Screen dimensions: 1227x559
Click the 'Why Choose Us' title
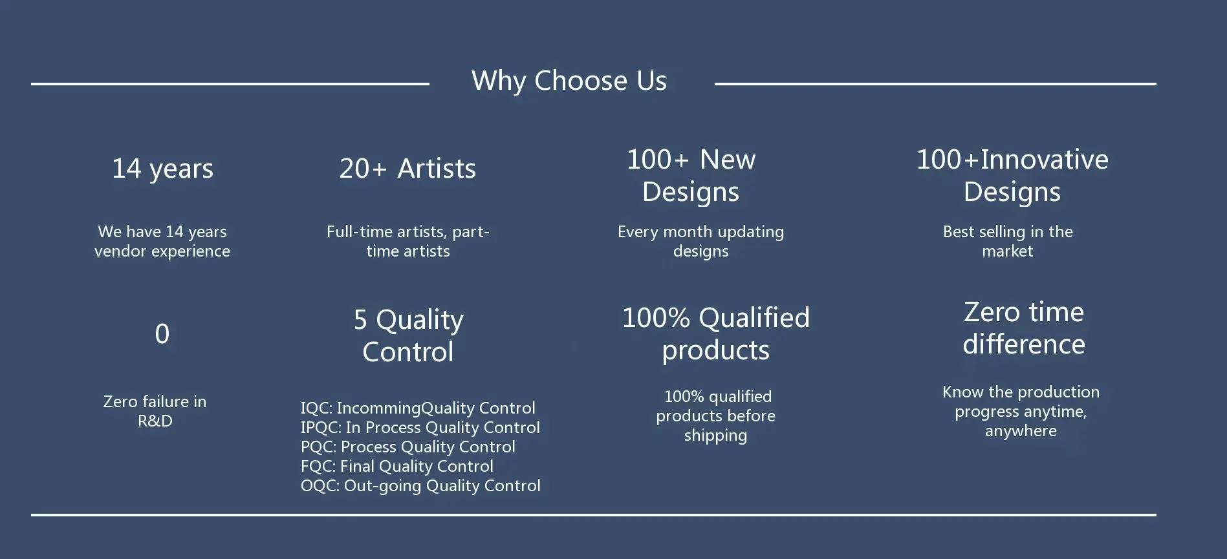[569, 81]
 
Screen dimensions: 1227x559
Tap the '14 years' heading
[162, 169]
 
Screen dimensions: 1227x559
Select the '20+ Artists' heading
[407, 169]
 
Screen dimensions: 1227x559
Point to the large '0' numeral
[162, 333]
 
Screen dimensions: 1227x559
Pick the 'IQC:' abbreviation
[316, 408]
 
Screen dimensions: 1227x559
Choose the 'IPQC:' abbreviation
[321, 428]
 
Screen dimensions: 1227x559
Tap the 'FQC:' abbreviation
[317, 467]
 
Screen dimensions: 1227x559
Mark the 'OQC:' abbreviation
[320, 486]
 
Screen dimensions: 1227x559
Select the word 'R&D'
[155, 421]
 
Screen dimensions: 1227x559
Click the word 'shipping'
[715, 436]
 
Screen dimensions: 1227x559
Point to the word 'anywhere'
[1021, 432]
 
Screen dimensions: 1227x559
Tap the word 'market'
[1007, 251]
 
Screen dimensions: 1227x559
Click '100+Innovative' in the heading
[1012, 160]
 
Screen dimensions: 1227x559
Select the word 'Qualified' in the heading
[754, 318]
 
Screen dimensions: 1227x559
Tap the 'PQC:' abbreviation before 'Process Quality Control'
[318, 447]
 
